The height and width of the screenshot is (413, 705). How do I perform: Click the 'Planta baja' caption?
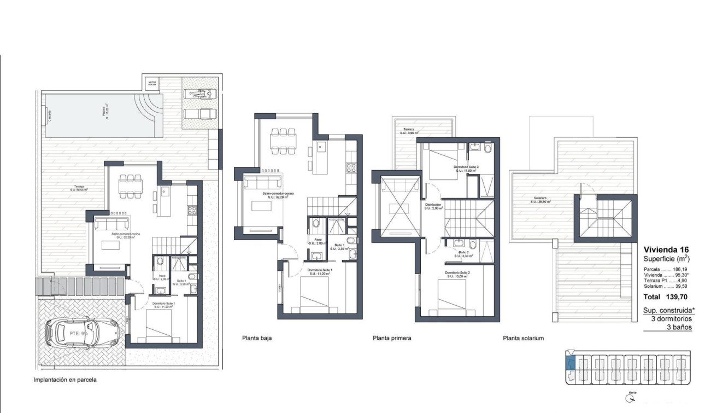pyautogui.click(x=257, y=338)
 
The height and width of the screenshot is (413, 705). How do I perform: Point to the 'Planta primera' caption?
pyautogui.click(x=392, y=338)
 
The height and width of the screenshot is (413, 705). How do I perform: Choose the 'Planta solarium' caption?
pyautogui.click(x=523, y=338)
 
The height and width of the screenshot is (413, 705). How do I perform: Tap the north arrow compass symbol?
pyautogui.click(x=632, y=398)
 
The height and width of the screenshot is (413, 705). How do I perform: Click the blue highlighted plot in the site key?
pyautogui.click(x=571, y=363)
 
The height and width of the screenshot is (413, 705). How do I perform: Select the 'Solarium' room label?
pyautogui.click(x=539, y=199)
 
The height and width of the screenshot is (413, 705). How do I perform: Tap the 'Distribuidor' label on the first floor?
pyautogui.click(x=433, y=206)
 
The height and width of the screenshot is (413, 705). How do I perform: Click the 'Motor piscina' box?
pyautogui.click(x=152, y=83)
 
